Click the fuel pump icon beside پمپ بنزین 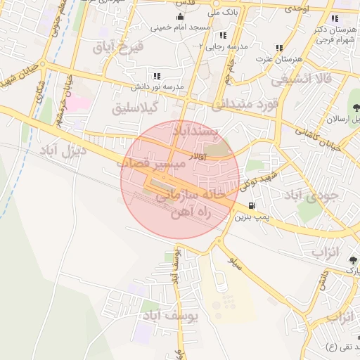pos(252,206)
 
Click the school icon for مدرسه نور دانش pos(157,76)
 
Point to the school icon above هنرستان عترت pos(279,48)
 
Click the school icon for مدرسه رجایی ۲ pos(223,35)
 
